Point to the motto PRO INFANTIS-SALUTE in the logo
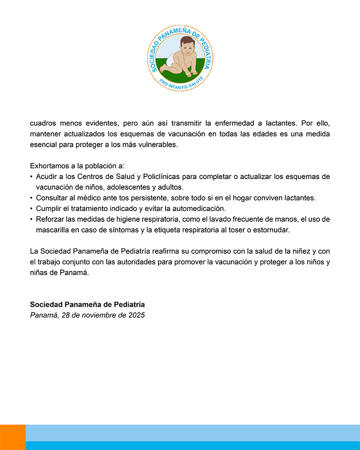pyautogui.click(x=181, y=82)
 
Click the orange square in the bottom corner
pyautogui.click(x=13, y=437)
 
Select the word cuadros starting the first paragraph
pyautogui.click(x=44, y=123)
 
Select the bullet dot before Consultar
pyautogui.click(x=31, y=198)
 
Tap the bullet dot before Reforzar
pyautogui.click(x=31, y=220)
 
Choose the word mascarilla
pyautogui.click(x=54, y=230)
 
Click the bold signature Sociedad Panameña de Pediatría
pyautogui.click(x=87, y=304)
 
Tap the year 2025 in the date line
pyautogui.click(x=135, y=315)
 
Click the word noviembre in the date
pyautogui.click(x=97, y=315)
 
